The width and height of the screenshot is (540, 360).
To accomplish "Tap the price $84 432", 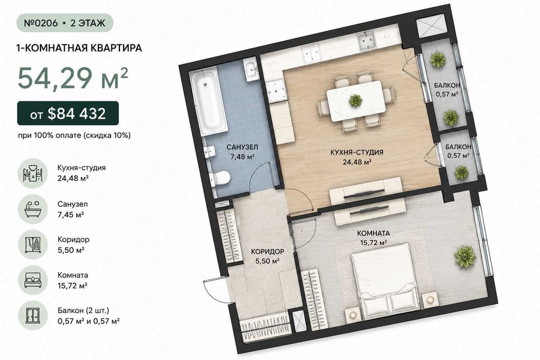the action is (77, 113).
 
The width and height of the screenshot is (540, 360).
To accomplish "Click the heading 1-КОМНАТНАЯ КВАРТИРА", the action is (79, 48).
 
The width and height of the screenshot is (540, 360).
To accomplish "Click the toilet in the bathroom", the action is (220, 178).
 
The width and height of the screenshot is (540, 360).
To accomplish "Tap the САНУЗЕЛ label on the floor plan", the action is (242, 147).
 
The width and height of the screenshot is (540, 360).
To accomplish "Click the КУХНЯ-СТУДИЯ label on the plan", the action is (356, 152).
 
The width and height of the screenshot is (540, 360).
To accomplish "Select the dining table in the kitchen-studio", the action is (356, 101).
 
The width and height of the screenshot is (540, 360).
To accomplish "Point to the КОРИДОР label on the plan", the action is (267, 251).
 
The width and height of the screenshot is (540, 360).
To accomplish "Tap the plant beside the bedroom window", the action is (464, 257).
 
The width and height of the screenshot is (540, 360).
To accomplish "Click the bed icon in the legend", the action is (33, 280).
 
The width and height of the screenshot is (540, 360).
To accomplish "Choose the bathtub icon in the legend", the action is (33, 209).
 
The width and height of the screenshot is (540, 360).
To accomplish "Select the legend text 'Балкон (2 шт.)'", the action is (83, 310).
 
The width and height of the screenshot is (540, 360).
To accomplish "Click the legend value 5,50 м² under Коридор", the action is (71, 250).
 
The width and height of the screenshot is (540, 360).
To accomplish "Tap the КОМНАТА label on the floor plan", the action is (373, 233).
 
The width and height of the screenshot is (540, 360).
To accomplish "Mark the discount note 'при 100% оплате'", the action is (49, 135).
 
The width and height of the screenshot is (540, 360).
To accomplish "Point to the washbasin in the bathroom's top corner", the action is (251, 70).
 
